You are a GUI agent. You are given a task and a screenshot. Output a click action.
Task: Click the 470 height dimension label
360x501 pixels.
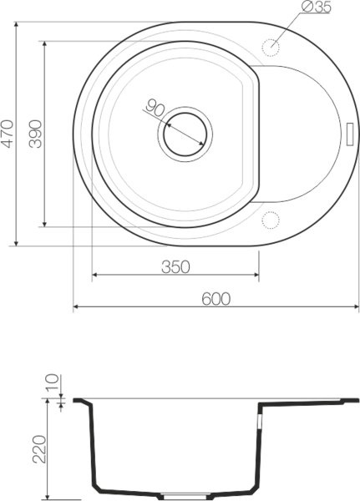(x=8, y=134)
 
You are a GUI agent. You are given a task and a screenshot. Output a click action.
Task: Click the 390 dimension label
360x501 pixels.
(x=35, y=132)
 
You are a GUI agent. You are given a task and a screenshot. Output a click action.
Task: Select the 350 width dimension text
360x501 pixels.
(x=175, y=266)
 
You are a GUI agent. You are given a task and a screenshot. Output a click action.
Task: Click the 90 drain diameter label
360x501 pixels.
(x=154, y=108)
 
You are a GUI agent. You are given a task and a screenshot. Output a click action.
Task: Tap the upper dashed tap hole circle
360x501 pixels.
(x=271, y=44)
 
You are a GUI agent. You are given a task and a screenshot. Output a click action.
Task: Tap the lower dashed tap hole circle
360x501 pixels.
(x=271, y=220)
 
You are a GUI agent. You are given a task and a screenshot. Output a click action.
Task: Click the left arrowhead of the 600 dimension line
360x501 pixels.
(x=77, y=307)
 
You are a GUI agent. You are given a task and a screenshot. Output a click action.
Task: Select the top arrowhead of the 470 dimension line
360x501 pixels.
(x=17, y=23)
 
